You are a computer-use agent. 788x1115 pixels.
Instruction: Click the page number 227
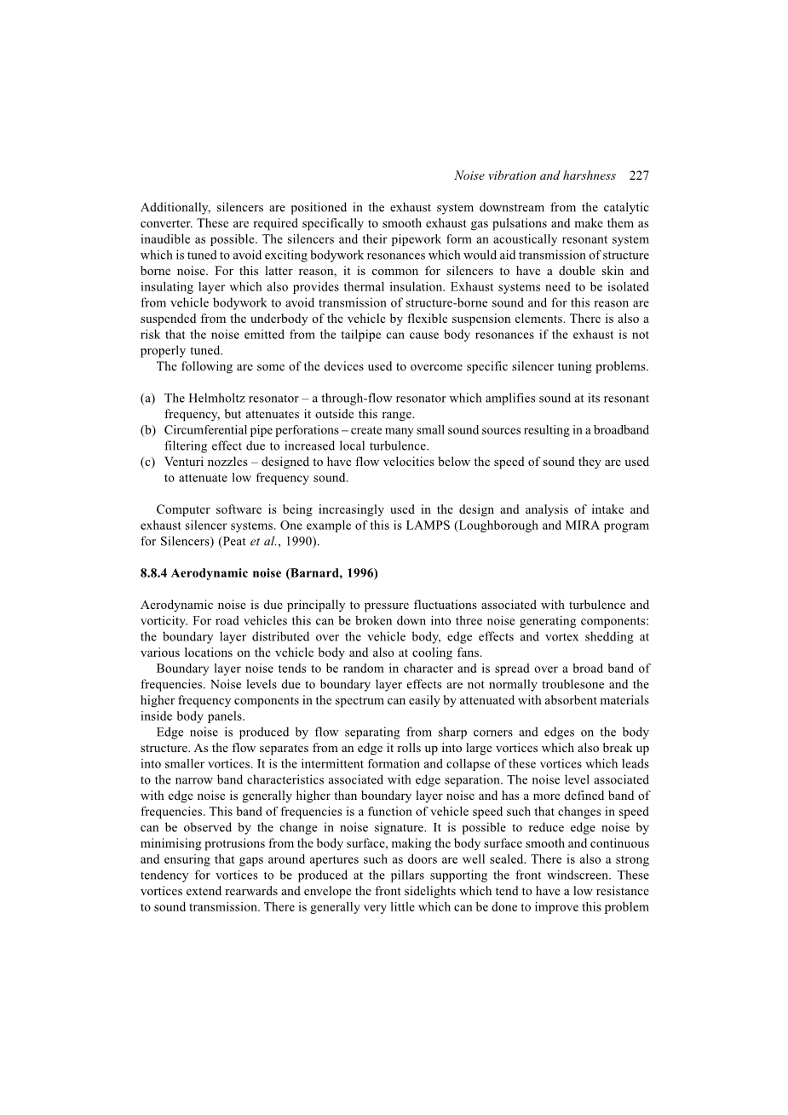point(639,176)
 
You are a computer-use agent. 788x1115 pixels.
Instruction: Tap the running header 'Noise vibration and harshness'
point(534,176)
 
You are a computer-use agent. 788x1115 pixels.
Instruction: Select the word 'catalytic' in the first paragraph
point(624,208)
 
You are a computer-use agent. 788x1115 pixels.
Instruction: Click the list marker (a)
point(148,399)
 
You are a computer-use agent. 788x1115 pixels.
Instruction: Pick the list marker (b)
point(148,430)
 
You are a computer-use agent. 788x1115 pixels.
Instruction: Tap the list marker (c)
point(148,463)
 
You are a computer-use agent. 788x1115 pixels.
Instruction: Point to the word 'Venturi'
point(185,463)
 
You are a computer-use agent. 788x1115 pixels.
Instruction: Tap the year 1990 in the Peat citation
point(301,542)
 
